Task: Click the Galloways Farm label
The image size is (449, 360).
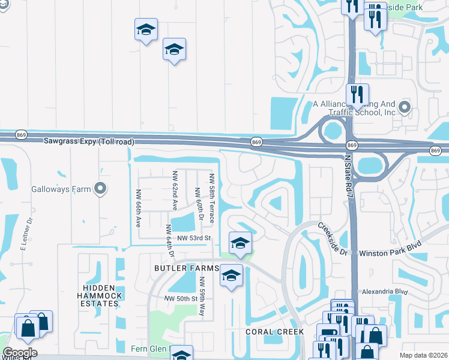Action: point(66,190)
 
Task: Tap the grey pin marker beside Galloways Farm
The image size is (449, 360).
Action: point(100,190)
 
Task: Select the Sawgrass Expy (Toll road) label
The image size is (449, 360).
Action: point(89,142)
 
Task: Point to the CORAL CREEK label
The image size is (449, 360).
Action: point(274,332)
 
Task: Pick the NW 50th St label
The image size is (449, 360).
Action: point(181,299)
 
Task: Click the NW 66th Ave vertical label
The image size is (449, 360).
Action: point(137,208)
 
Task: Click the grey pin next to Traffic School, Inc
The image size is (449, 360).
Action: point(405,108)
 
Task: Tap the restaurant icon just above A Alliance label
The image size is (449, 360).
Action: point(357,94)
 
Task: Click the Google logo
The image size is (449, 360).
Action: point(19,353)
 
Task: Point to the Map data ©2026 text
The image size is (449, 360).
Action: point(423,355)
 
